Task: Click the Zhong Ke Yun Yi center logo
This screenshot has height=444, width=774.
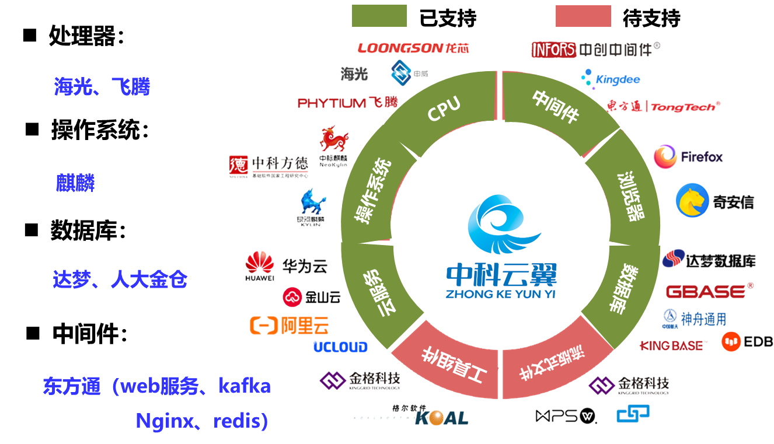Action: pyautogui.click(x=501, y=248)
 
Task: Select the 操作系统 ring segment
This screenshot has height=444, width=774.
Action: pyautogui.click(x=374, y=193)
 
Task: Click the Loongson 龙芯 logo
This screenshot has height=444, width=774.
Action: pyautogui.click(x=413, y=48)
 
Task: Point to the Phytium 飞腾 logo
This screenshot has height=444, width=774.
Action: pyautogui.click(x=347, y=103)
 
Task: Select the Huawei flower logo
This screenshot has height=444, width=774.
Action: pyautogui.click(x=259, y=265)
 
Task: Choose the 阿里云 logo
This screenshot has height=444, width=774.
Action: pyautogui.click(x=289, y=325)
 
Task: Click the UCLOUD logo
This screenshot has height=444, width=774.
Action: pyautogui.click(x=340, y=347)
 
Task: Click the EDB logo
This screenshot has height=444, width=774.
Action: pyautogui.click(x=747, y=342)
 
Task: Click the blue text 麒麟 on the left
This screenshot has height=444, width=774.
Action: pyautogui.click(x=75, y=184)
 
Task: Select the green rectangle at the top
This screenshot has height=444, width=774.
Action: pyautogui.click(x=379, y=16)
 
